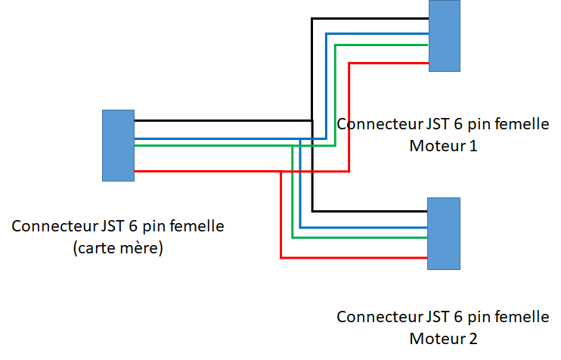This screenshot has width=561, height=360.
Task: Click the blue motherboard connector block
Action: point(118,145)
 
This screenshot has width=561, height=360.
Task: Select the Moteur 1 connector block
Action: point(445,36)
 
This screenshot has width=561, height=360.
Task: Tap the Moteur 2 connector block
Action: point(444,234)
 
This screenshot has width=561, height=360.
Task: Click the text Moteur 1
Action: point(443,144)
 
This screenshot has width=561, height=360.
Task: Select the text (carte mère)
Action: point(118,247)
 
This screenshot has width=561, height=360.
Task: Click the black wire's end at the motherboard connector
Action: point(136,120)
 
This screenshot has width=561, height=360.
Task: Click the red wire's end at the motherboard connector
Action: point(136,172)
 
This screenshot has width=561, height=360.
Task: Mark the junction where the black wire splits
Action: point(311,120)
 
